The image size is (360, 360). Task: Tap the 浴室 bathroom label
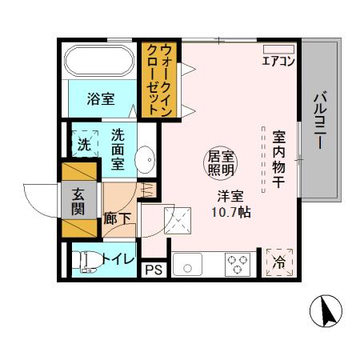tap(101, 100)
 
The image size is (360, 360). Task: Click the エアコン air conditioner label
tap(278, 61)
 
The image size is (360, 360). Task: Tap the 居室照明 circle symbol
tap(222, 162)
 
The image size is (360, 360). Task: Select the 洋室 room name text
tap(227, 197)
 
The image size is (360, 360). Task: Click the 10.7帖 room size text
tap(232, 213)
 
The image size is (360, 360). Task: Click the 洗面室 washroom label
tap(118, 150)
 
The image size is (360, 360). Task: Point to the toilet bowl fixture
tap(85, 262)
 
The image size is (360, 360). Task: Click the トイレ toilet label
tap(116, 258)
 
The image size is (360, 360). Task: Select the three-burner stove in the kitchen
tap(236, 262)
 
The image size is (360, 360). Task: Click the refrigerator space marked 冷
tap(279, 262)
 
